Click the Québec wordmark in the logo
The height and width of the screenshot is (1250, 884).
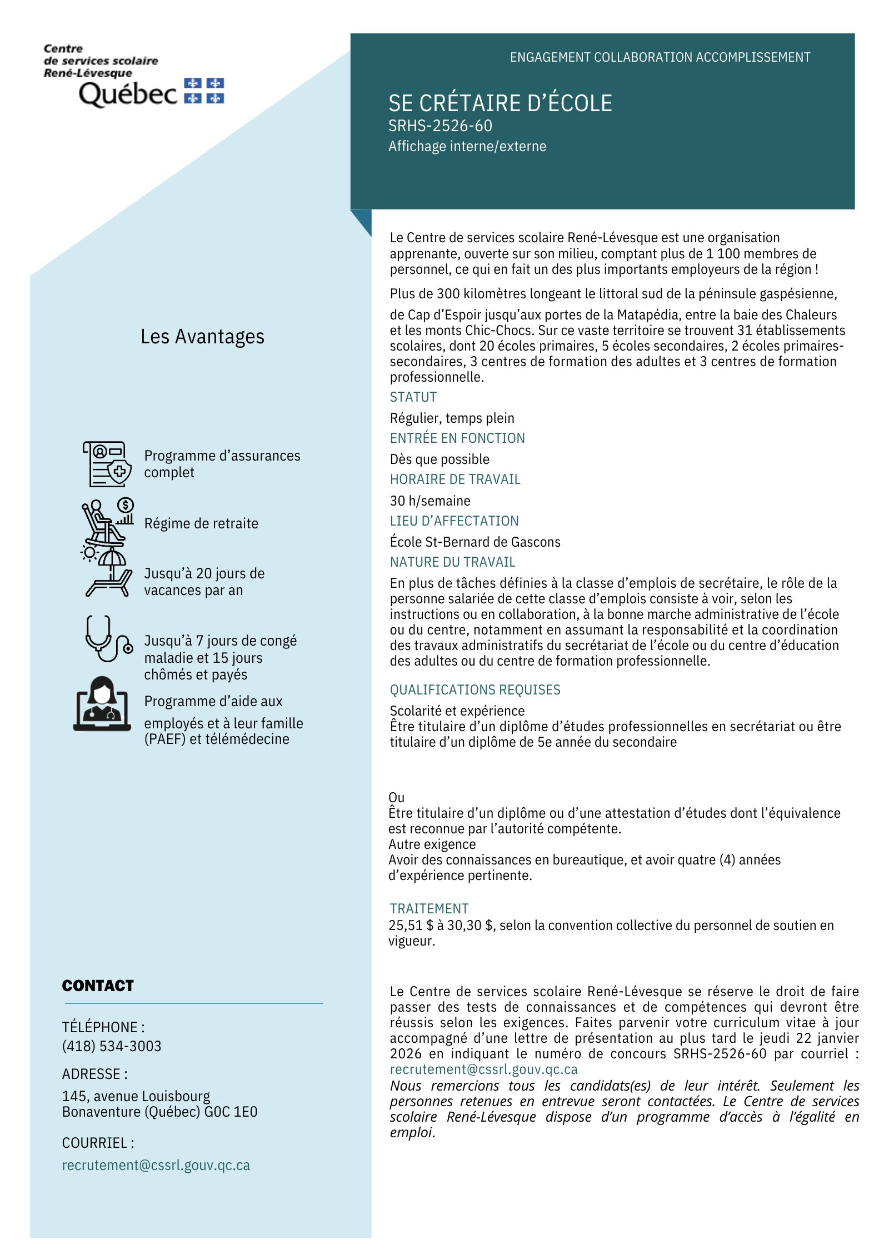[128, 93]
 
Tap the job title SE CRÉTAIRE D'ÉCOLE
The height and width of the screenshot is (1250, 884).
[500, 103]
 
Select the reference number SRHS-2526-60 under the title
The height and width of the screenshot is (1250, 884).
[440, 126]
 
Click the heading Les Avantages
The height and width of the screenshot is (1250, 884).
[202, 337]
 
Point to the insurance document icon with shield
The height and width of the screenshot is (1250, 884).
[107, 464]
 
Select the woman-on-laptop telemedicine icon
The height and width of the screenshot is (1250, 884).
[102, 703]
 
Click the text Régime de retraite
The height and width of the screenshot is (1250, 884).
[201, 523]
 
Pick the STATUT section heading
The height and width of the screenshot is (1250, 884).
[413, 397]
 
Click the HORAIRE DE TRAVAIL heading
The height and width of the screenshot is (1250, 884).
[455, 479]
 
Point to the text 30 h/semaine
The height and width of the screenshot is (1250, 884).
[429, 501]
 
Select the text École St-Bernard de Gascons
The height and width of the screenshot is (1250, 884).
[475, 542]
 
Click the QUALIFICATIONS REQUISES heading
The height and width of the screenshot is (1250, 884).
[475, 690]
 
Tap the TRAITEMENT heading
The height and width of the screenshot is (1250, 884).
[429, 908]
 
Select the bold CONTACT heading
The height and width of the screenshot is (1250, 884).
[98, 986]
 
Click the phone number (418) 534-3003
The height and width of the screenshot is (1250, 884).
[112, 1046]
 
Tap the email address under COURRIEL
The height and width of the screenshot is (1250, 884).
[156, 1165]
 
